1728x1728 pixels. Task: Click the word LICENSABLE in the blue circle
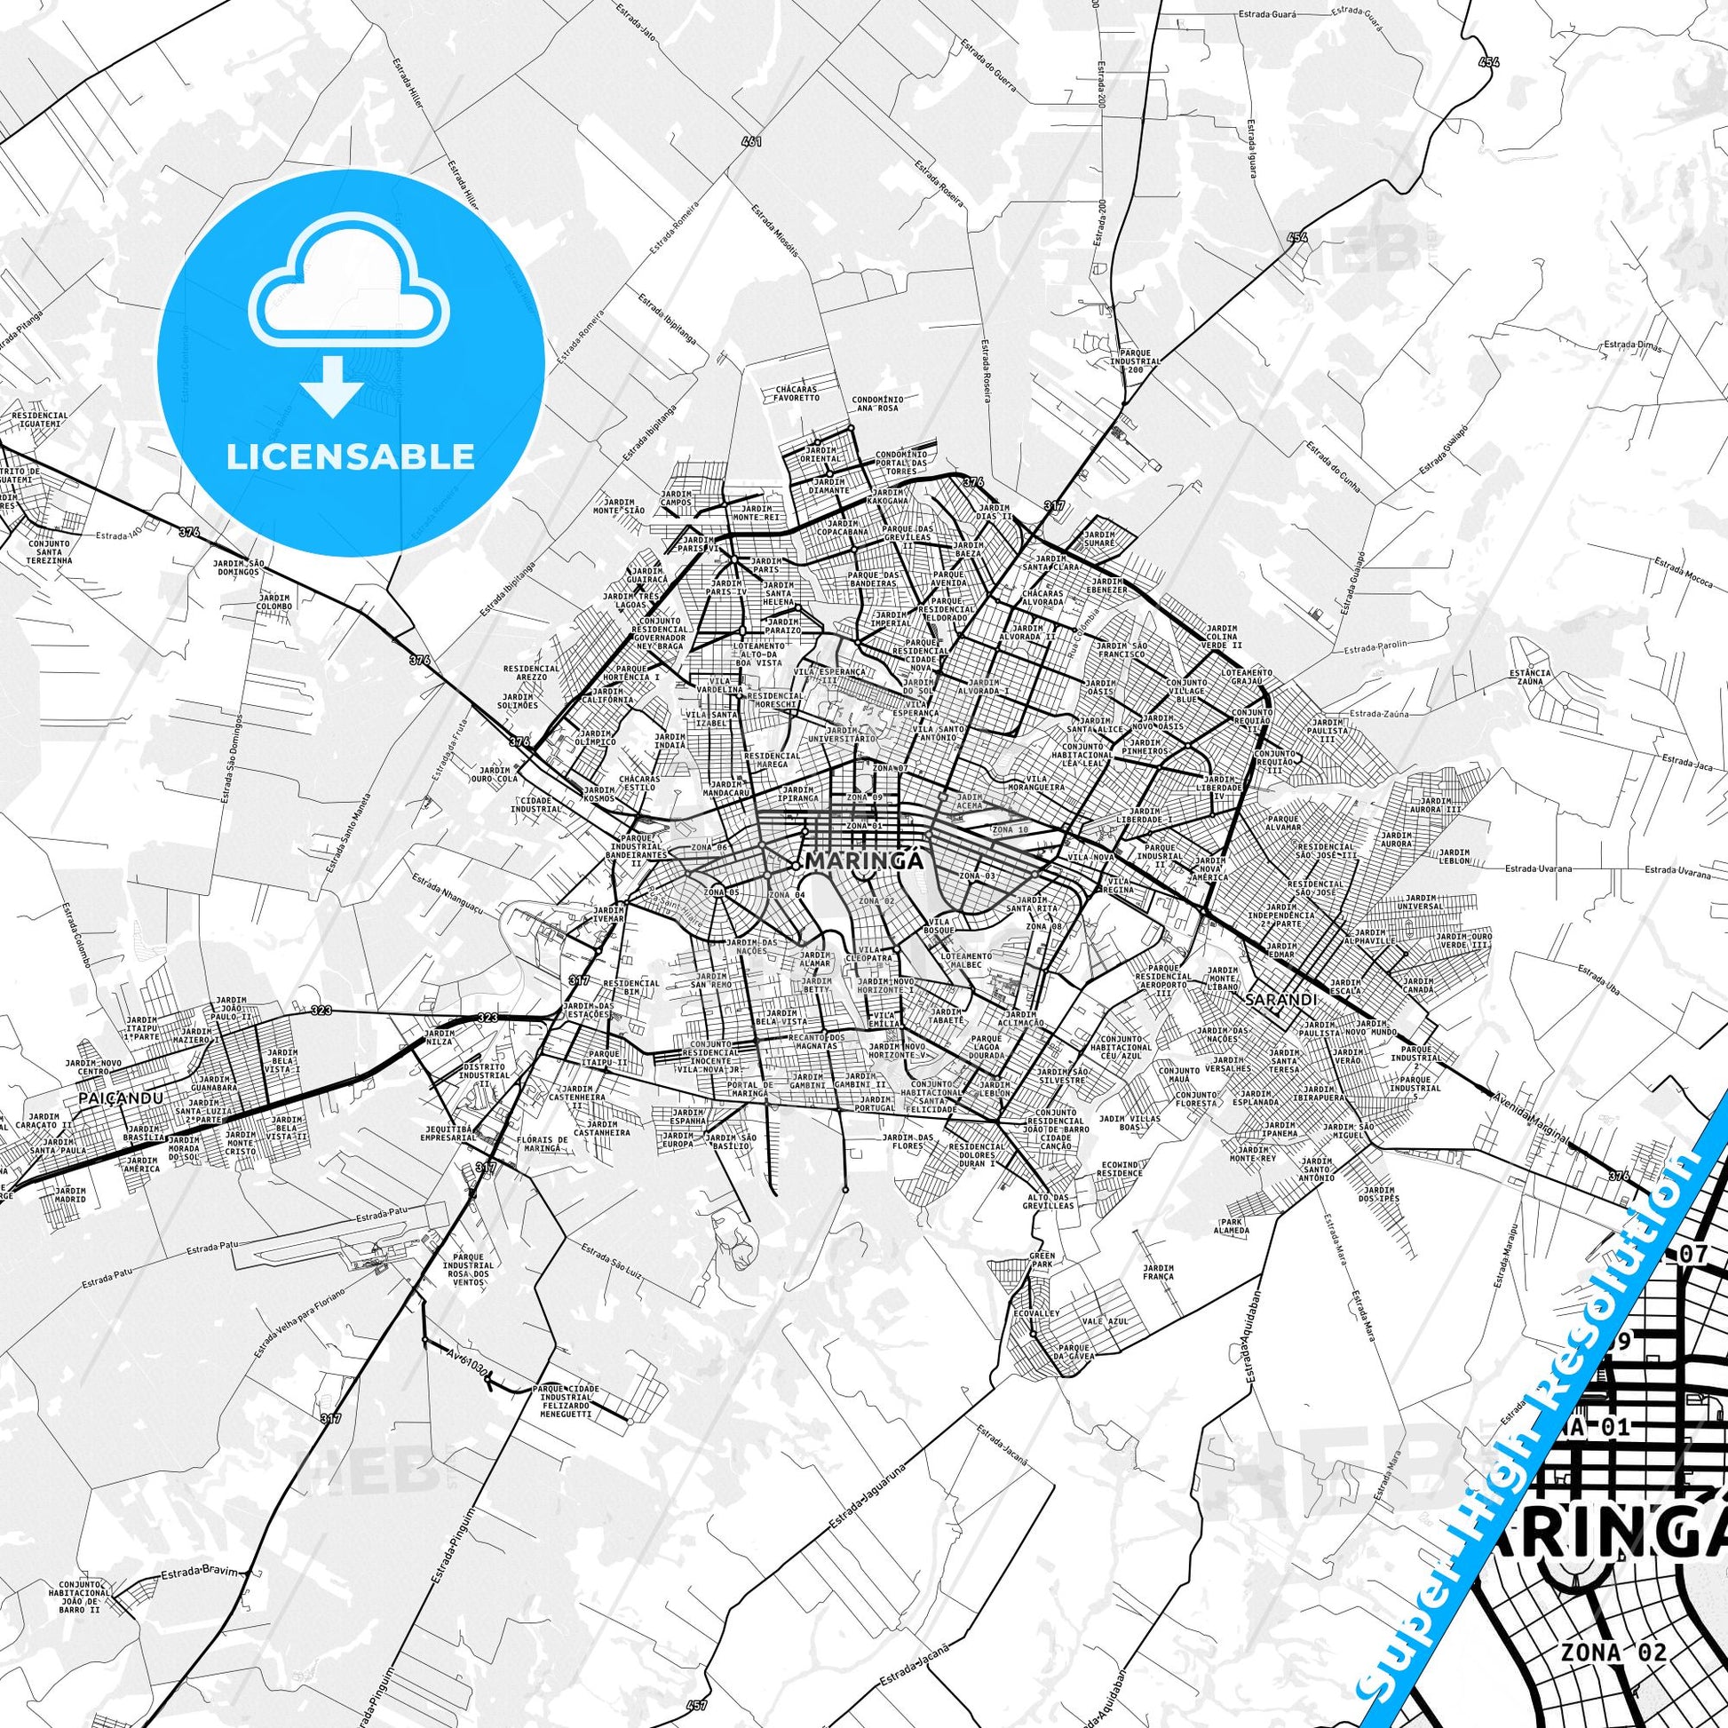click(351, 456)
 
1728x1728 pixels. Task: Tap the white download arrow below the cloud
click(332, 385)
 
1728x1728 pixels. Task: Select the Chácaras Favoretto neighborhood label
click(796, 392)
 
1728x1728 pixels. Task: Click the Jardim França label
click(1158, 1272)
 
